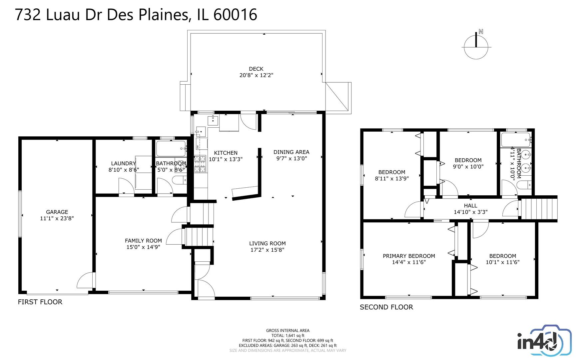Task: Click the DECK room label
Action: pos(256,69)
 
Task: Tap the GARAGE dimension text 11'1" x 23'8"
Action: pos(57,218)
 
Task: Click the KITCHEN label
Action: pos(226,153)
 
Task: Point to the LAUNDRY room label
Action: pos(124,163)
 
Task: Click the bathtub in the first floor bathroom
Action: pos(171,149)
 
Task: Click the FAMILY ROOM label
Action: pos(143,241)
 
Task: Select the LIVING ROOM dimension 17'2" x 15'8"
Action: pos(267,250)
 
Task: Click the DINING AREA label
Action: pos(291,152)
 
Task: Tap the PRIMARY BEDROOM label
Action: pos(409,256)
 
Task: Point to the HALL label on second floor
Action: pos(470,206)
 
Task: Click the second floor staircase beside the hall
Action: pos(539,209)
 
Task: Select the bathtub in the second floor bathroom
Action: pos(515,140)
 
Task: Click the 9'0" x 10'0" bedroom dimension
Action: pos(468,167)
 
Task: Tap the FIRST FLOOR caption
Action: pos(40,302)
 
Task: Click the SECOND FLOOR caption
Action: pos(386,307)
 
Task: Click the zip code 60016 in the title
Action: pos(235,15)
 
